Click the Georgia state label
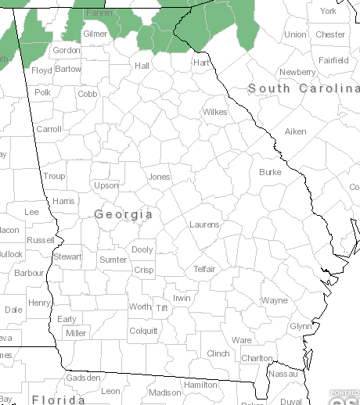[124, 213]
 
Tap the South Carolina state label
[304, 89]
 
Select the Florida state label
[59, 400]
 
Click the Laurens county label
[204, 225]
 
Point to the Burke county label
[270, 172]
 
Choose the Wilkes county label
[214, 113]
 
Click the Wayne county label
[275, 300]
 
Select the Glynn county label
[301, 326]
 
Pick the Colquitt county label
[143, 331]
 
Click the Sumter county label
[113, 260]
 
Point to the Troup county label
[54, 177]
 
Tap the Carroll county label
[49, 129]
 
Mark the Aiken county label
[296, 131]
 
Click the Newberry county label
[297, 72]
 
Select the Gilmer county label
[95, 34]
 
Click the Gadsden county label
[84, 378]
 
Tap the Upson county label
[106, 186]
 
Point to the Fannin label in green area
[99, 13]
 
